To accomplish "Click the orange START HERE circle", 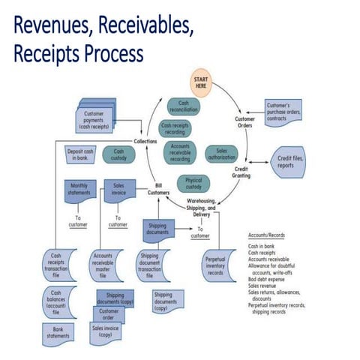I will (x=201, y=83).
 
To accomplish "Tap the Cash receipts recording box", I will (x=176, y=130).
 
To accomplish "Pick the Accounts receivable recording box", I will (x=179, y=152).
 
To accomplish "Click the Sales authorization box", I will (x=221, y=154).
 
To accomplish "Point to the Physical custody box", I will (x=193, y=183).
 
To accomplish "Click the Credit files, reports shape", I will (x=288, y=162).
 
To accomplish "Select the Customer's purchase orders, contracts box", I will (x=283, y=112).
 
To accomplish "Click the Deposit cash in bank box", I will (x=80, y=154).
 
